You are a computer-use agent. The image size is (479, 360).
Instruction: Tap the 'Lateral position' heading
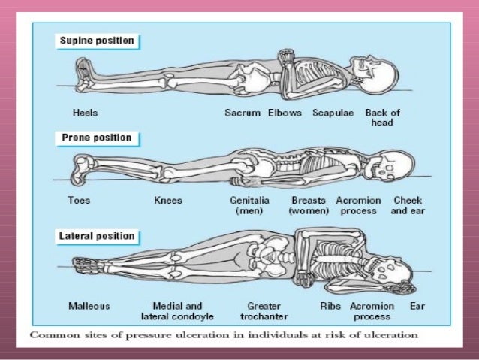pyautogui.click(x=96, y=236)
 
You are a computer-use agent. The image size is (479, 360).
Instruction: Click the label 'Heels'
pyautogui.click(x=86, y=113)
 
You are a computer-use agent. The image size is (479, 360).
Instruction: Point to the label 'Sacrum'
pyautogui.click(x=243, y=113)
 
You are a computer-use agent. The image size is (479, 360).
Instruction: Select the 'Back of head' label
pyautogui.click(x=382, y=118)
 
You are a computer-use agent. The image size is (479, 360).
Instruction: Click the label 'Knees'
pyautogui.click(x=167, y=201)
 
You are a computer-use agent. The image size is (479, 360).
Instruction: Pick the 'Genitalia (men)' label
pyautogui.click(x=247, y=206)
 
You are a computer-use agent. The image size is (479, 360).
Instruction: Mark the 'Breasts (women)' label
pyautogui.click(x=308, y=206)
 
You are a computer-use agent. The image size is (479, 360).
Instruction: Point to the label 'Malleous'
pyautogui.click(x=89, y=306)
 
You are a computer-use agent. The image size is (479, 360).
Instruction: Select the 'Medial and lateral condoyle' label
pyautogui.click(x=176, y=311)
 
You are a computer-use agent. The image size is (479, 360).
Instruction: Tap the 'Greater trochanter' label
pyautogui.click(x=264, y=311)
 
